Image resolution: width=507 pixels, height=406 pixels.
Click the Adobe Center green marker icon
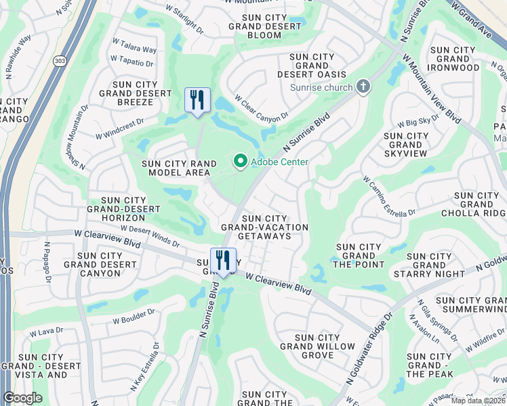(240, 161)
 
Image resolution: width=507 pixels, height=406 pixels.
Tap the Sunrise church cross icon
(364, 87)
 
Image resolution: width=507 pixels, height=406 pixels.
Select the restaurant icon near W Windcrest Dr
(197, 100)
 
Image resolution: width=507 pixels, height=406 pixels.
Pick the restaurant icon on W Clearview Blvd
(223, 260)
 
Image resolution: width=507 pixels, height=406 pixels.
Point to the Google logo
(23, 398)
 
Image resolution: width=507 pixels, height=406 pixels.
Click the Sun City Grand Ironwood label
(453, 59)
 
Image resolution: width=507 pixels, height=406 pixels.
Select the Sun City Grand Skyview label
(406, 145)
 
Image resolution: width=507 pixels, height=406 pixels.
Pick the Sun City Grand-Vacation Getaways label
(264, 227)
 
